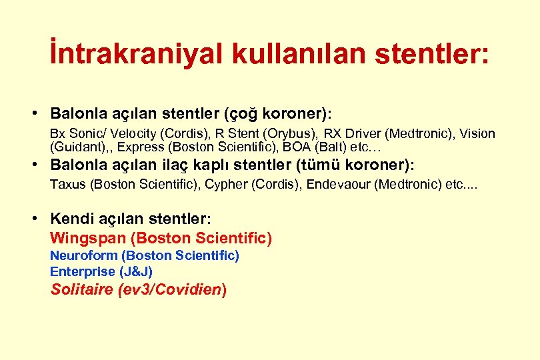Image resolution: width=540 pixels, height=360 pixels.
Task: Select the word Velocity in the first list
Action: click(129, 134)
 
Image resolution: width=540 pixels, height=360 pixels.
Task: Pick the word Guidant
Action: click(75, 147)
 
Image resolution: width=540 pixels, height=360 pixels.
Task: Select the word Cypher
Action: click(225, 185)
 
